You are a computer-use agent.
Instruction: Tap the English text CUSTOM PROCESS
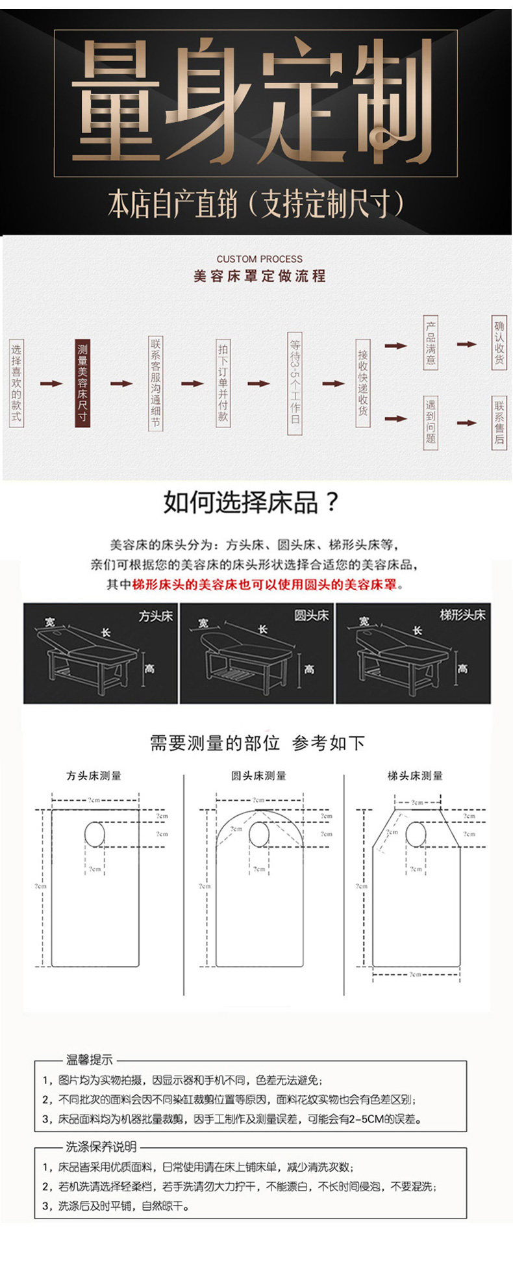(259, 259)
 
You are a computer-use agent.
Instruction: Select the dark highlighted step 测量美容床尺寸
(82, 383)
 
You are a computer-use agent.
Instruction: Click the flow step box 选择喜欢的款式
(16, 383)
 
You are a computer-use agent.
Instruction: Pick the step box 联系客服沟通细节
(155, 383)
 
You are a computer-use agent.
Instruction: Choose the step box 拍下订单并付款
(223, 383)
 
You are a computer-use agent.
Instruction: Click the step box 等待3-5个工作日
(295, 383)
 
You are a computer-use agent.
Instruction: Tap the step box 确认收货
(499, 342)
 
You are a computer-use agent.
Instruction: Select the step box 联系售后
(499, 422)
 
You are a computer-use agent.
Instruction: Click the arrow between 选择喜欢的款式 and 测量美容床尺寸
(51, 383)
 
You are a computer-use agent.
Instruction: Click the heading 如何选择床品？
(251, 502)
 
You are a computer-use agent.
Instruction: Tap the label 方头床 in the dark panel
(156, 616)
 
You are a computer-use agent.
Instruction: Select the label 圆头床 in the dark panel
(312, 615)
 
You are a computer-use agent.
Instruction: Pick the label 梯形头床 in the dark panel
(462, 614)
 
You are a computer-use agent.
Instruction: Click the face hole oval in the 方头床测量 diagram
(95, 834)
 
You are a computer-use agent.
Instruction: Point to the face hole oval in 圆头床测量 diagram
(259, 834)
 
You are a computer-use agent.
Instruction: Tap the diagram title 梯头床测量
(415, 776)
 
